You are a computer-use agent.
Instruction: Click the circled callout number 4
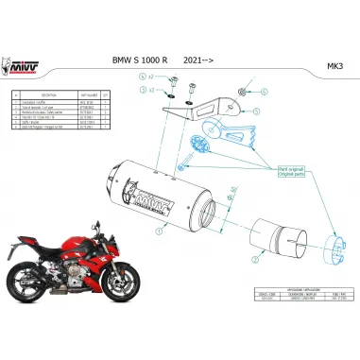click(143, 75)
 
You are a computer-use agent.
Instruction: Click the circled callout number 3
click(143, 88)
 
